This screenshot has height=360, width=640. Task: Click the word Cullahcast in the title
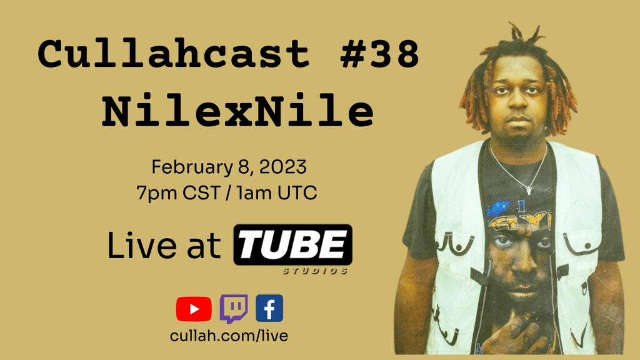coord(174,54)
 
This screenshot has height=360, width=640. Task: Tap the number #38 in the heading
coord(379,54)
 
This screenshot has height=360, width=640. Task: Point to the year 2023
coord(282,167)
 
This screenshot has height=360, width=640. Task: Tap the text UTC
coord(297,192)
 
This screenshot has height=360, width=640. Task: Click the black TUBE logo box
coord(292,245)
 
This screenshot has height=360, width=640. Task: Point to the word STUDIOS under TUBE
coord(315,271)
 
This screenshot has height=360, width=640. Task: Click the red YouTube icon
coord(194,309)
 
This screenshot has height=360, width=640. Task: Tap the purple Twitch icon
coord(234,309)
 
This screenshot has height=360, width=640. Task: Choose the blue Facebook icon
coord(269,308)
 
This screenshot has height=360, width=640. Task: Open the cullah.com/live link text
coord(229,336)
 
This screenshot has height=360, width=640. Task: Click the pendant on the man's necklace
coord(529,189)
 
